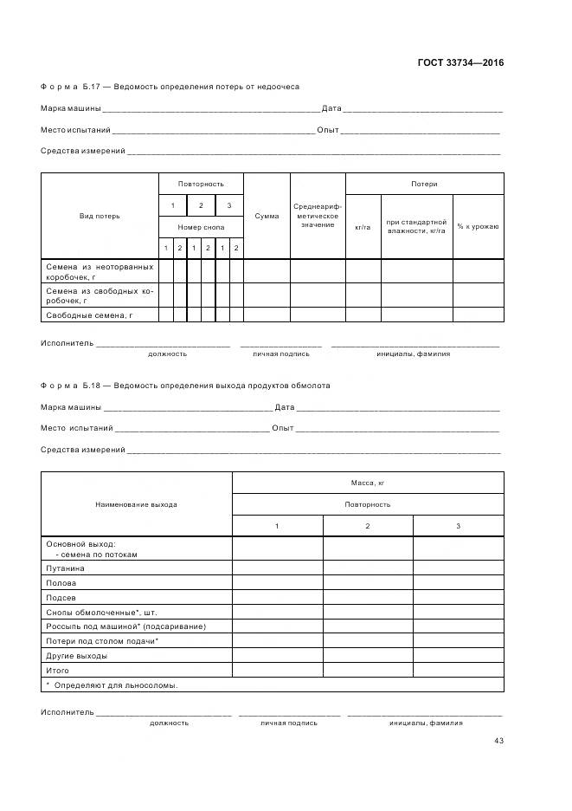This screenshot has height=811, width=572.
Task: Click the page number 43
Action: [498, 741]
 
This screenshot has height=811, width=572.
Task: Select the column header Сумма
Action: [267, 216]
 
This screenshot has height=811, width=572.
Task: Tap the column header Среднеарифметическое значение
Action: [318, 216]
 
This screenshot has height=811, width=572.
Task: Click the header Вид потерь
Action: [100, 216]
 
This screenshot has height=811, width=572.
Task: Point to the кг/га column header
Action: [363, 227]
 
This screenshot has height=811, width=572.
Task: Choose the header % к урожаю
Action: [479, 227]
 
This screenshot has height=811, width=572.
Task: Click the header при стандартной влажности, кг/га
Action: [417, 227]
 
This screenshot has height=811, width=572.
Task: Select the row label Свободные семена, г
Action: [88, 315]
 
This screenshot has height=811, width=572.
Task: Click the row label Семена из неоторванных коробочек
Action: [99, 271]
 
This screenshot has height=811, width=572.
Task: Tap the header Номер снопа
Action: [201, 227]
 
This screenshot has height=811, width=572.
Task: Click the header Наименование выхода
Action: [137, 504]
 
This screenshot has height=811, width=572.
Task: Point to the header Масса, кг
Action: [368, 483]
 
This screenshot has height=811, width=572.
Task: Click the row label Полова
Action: [60, 583]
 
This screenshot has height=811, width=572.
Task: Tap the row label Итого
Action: [57, 671]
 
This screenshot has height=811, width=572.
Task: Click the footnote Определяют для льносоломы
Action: [112, 685]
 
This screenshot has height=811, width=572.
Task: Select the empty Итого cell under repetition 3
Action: [458, 671]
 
